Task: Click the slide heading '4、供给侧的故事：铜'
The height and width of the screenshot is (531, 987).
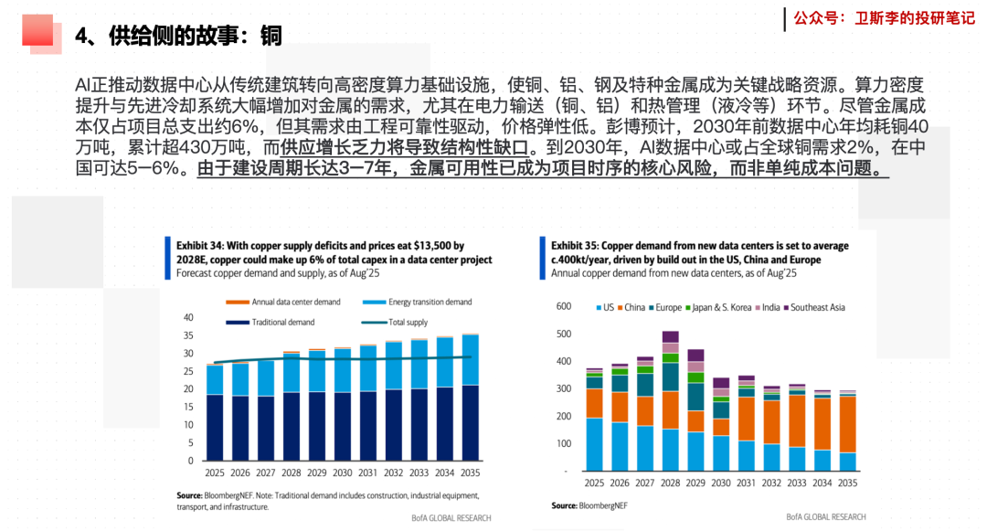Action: tap(178, 36)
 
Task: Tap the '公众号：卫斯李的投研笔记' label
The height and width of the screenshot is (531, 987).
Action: tap(884, 17)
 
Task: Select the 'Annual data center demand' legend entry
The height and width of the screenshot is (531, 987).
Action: tap(292, 303)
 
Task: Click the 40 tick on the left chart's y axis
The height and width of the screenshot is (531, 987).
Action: tap(188, 317)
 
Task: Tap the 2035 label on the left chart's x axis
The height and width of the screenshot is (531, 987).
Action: tap(470, 473)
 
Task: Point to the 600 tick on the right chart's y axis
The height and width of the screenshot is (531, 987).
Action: tap(564, 307)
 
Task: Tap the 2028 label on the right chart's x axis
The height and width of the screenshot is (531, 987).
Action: tap(671, 483)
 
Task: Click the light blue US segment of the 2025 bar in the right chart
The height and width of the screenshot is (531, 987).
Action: tap(594, 444)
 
